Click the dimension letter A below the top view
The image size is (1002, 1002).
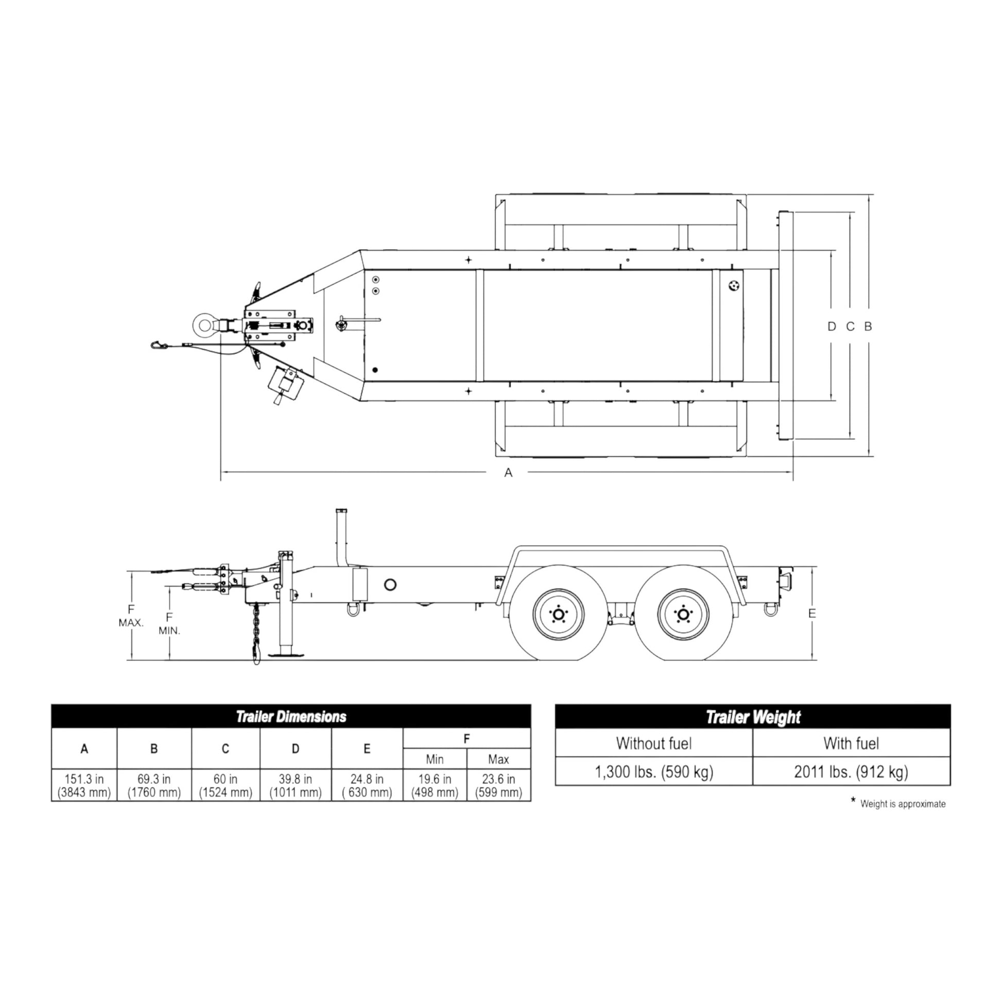(508, 473)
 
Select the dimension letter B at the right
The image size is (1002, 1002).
(868, 327)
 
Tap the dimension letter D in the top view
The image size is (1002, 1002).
(832, 327)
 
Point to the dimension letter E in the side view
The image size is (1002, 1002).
(811, 614)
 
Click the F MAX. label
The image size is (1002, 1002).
(131, 616)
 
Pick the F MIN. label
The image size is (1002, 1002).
(169, 624)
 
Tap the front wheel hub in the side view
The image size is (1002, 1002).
(559, 615)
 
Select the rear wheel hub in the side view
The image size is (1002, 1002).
(683, 615)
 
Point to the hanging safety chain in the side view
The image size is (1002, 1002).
(256, 633)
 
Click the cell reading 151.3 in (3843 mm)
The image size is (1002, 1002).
(84, 785)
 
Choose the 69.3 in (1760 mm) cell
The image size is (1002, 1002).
(154, 785)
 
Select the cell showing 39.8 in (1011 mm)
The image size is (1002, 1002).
(295, 785)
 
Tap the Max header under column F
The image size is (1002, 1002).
(498, 759)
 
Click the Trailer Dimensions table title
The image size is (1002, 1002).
(291, 717)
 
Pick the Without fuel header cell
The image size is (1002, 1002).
(653, 743)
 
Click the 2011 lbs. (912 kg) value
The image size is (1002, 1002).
(851, 772)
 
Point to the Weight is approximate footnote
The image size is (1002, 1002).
(902, 804)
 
